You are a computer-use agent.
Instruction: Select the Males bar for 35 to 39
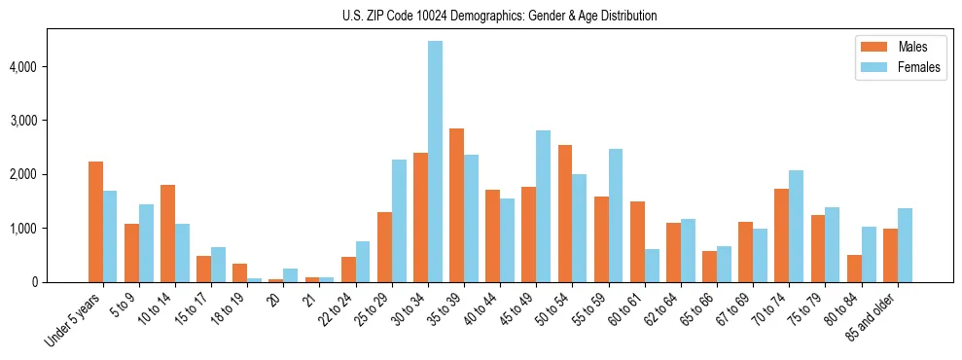456,205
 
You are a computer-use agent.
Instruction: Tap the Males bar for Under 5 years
95,222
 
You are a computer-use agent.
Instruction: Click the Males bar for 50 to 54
565,213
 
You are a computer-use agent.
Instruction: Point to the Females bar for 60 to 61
652,266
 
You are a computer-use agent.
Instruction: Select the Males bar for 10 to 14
167,234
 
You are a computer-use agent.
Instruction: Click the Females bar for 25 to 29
399,221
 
